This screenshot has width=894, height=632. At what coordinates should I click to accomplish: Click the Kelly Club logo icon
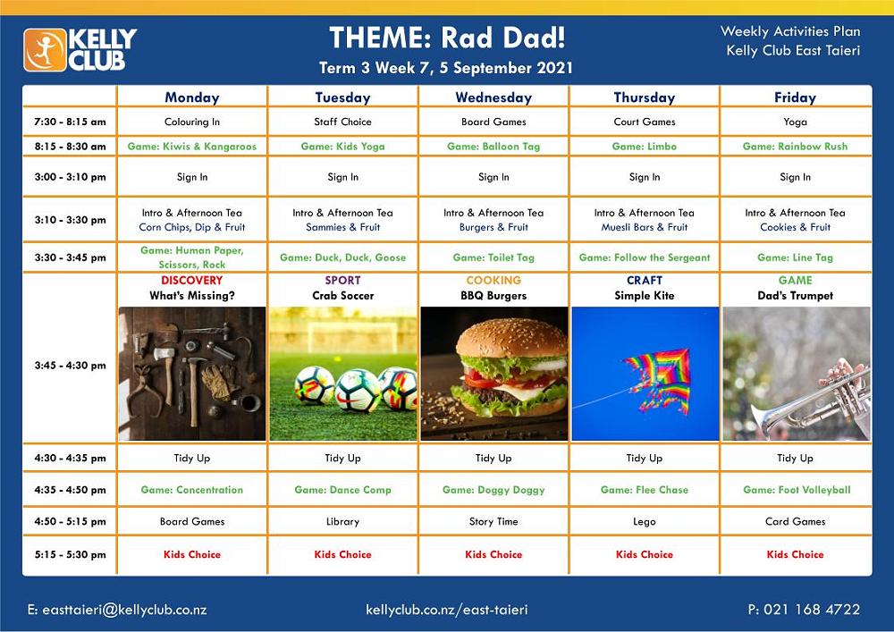[45, 50]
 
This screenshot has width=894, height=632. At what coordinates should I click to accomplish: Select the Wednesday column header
[493, 97]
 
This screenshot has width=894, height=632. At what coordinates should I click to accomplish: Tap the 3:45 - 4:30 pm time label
[70, 366]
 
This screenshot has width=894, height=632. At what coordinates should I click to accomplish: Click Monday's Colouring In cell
[192, 122]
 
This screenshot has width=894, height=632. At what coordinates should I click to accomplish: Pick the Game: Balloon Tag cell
[493, 146]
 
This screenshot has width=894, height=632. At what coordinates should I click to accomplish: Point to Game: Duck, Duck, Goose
[342, 257]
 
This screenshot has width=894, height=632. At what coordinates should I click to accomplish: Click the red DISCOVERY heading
[192, 281]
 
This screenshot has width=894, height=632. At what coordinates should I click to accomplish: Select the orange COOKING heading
[493, 281]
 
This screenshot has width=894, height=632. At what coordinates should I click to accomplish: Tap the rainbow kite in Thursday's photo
[659, 379]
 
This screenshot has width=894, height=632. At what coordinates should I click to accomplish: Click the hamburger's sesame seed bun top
[511, 338]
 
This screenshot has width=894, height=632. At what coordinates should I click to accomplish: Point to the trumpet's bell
[767, 422]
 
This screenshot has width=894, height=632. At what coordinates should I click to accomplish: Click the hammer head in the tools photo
[194, 362]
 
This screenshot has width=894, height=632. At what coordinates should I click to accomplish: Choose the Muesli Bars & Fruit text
[645, 227]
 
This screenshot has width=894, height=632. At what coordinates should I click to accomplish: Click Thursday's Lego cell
[645, 521]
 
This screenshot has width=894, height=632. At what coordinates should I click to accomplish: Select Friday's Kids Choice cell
[796, 554]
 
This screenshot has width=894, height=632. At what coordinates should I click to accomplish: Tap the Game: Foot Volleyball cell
[797, 490]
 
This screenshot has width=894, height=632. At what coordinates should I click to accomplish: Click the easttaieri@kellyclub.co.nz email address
[117, 610]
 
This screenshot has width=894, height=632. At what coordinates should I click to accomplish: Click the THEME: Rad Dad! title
[448, 38]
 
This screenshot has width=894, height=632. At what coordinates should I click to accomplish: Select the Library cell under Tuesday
[342, 521]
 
